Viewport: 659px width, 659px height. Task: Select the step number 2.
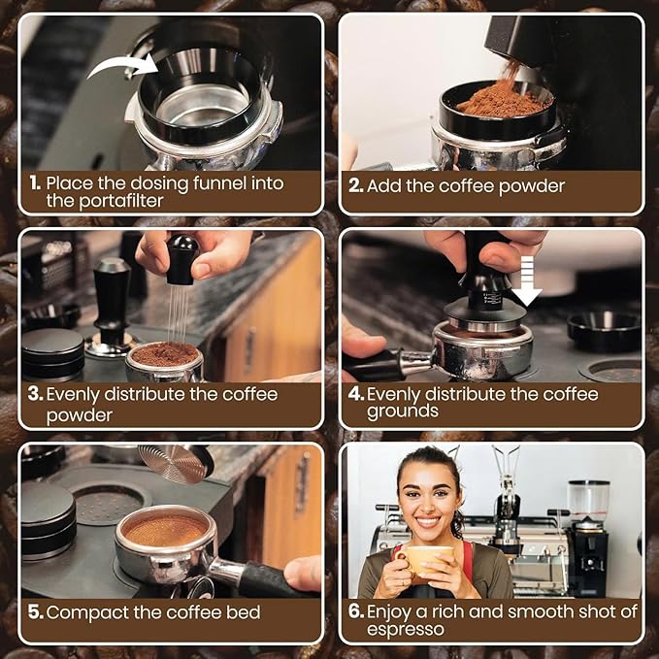[x=355, y=185]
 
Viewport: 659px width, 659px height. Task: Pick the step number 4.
[x=355, y=395]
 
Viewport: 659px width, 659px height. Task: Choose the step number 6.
[x=356, y=611]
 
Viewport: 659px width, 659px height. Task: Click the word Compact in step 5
[x=82, y=612]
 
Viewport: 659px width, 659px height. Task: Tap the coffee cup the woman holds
[x=429, y=560]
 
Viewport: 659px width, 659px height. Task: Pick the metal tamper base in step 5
[x=176, y=462]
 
